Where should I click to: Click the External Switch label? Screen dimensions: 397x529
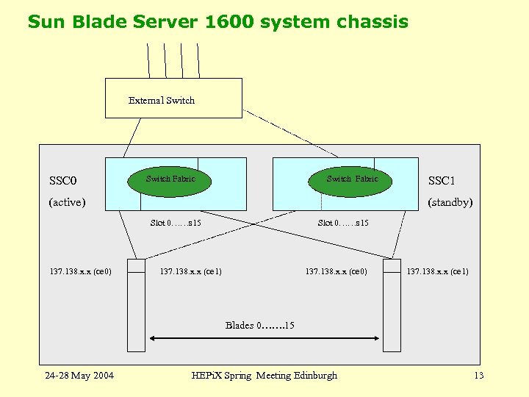pyautogui.click(x=162, y=101)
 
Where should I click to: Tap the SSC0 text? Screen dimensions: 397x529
pyautogui.click(x=63, y=180)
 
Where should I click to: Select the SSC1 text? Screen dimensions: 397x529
pyautogui.click(x=442, y=181)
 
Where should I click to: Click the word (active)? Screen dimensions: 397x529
pyautogui.click(x=67, y=202)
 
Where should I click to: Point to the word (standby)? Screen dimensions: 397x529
pyautogui.click(x=450, y=202)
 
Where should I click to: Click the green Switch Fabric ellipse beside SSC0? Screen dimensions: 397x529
pyautogui.click(x=170, y=179)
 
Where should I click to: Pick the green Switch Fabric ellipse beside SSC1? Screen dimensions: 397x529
pyautogui.click(x=352, y=179)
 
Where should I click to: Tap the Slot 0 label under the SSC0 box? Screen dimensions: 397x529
pyautogui.click(x=176, y=223)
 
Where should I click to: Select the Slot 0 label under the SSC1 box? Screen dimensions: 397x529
pyautogui.click(x=343, y=223)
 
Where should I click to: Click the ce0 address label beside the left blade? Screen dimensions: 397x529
pyautogui.click(x=80, y=272)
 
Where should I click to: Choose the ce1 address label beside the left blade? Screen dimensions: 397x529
pyautogui.click(x=190, y=272)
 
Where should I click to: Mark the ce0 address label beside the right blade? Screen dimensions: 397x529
pyautogui.click(x=336, y=272)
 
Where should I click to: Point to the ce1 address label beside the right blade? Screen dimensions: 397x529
pyautogui.click(x=438, y=272)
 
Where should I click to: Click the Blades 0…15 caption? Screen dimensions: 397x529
pyautogui.click(x=259, y=325)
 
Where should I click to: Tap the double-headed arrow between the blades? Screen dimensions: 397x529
pyautogui.click(x=264, y=339)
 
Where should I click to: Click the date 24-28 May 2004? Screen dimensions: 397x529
pyautogui.click(x=79, y=376)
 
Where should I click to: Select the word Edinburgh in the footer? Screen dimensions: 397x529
pyautogui.click(x=315, y=376)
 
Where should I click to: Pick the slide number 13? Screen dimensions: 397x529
pyautogui.click(x=479, y=376)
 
